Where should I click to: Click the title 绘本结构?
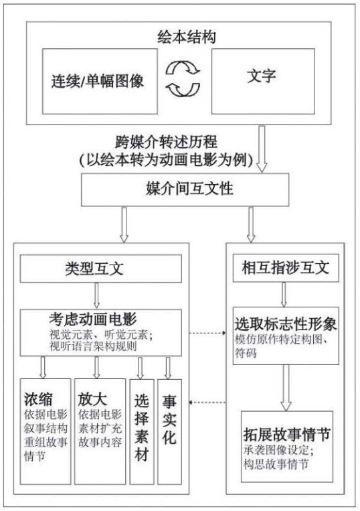point(187,38)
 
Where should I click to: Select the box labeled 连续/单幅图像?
point(100,82)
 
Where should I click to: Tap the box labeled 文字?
point(263,82)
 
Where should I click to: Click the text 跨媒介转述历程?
point(166,142)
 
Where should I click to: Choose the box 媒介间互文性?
point(185,190)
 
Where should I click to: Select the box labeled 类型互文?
point(101,269)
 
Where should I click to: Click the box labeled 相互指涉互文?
point(286,268)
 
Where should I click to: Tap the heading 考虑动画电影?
point(93,319)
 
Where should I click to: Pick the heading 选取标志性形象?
point(286,324)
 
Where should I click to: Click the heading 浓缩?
point(37,398)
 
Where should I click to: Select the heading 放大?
point(92,398)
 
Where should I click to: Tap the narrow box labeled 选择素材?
point(142,431)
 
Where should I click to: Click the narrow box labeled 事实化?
point(169,431)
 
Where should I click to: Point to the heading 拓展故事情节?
point(287,434)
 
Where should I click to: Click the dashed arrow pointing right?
point(207,333)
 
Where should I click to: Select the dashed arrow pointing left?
point(207,403)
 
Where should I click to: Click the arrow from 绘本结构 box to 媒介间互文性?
point(262,149)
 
